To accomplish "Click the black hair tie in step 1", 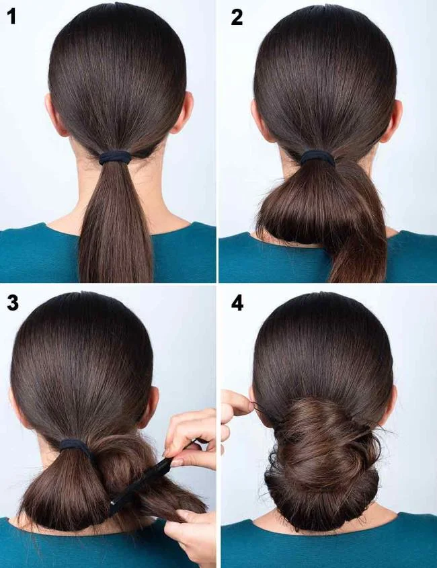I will (115, 158).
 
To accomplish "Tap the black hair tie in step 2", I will (317, 157).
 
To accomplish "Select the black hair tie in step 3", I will (75, 445).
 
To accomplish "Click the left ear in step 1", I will (52, 115).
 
